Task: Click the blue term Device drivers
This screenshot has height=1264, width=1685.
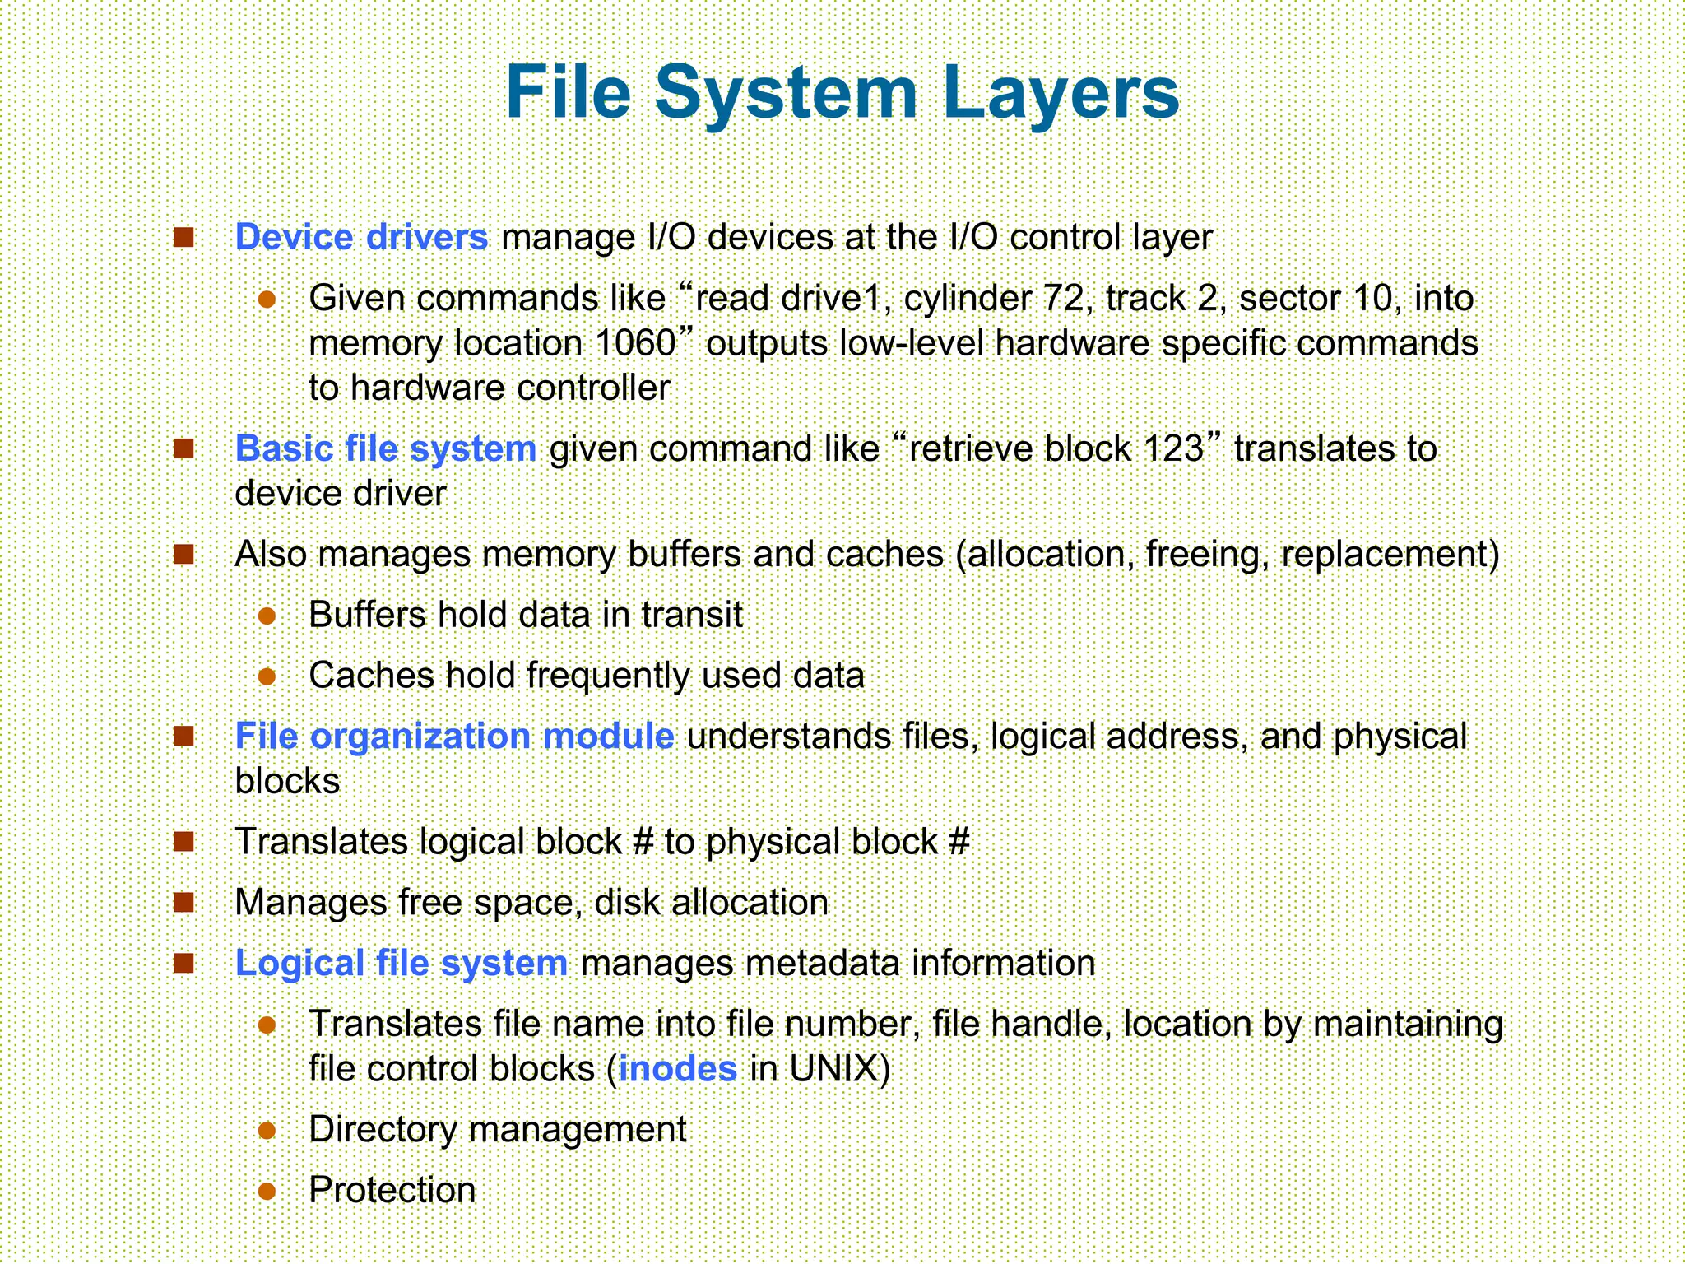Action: coord(362,237)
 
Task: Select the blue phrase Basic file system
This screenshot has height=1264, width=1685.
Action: coord(386,448)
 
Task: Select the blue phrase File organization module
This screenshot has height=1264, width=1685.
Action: coord(454,736)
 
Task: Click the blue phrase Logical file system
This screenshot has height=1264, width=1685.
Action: coord(402,963)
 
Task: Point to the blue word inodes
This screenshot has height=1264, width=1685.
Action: coord(677,1068)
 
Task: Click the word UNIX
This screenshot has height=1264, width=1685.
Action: coord(833,1068)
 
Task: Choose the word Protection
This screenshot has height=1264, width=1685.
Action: coord(392,1190)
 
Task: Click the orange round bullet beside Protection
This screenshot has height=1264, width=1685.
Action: coord(266,1191)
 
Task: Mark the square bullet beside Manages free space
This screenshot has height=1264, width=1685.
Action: coord(183,903)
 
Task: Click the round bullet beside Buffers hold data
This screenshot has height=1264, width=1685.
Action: coord(266,616)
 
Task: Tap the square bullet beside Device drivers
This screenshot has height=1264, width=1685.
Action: coord(183,238)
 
